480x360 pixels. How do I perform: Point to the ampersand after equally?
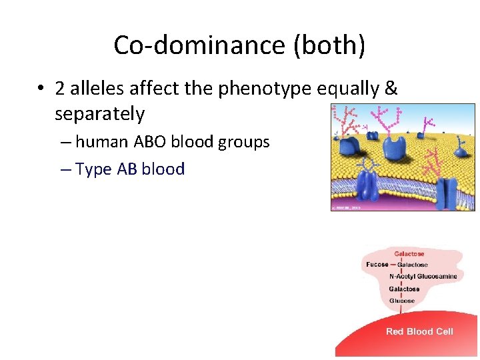[x=391, y=89]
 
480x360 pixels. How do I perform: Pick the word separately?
[x=99, y=114]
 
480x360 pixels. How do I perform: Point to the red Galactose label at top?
[x=409, y=254]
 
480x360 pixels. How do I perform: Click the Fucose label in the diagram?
[x=377, y=265]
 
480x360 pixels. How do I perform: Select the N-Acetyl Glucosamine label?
[x=423, y=277]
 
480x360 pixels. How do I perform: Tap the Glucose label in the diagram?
[x=402, y=301]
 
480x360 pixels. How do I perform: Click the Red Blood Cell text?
[x=419, y=332]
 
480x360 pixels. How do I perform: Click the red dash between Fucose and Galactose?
[x=393, y=265]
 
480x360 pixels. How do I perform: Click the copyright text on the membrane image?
[x=347, y=208]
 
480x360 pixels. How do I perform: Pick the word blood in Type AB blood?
[x=163, y=169]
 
